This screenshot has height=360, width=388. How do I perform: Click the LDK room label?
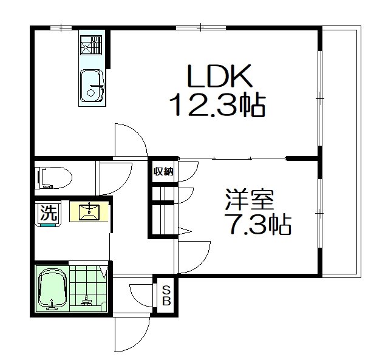219,76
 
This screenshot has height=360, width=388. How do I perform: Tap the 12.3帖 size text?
217,104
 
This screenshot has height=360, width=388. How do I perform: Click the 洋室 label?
250,200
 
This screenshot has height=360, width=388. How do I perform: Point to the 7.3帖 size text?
258,225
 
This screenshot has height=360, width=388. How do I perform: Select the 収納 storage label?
163,171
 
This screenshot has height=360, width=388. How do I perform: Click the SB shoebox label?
166,296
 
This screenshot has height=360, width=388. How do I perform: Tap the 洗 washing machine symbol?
49,213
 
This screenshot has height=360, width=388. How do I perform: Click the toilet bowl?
53,177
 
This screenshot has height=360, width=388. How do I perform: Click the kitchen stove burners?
91,45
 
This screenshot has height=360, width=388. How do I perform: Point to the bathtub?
52,288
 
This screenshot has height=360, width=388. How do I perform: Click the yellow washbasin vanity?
89,212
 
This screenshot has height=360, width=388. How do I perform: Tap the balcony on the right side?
341,152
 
